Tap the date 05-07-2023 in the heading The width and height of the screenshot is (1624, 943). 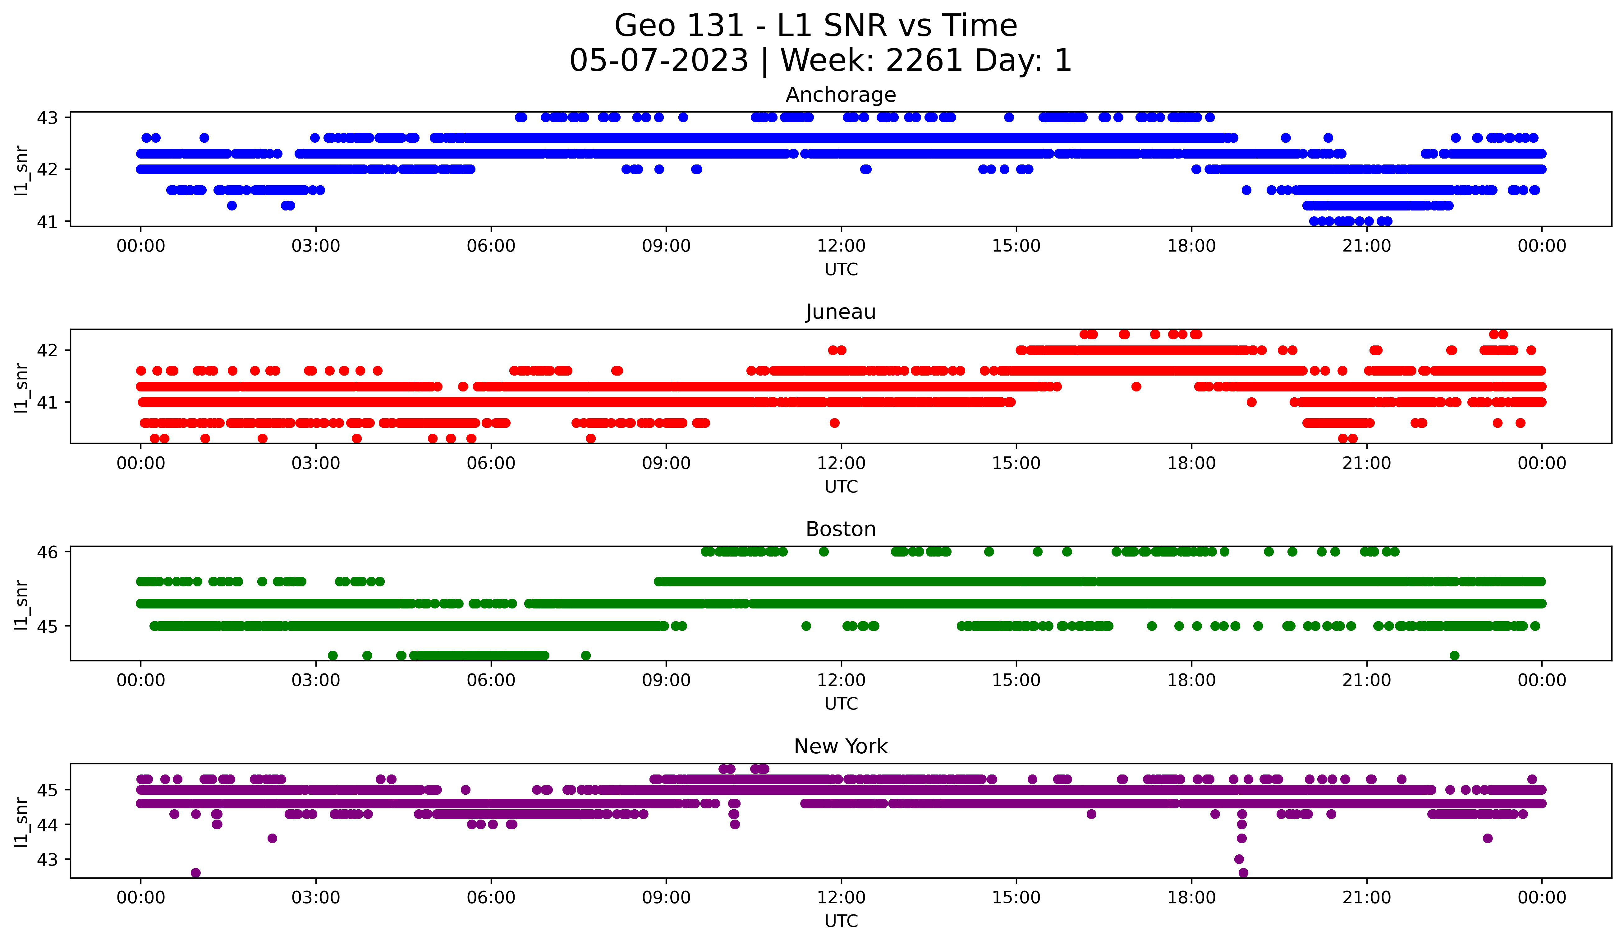pos(658,61)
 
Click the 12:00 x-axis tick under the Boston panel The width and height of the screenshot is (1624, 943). pos(841,680)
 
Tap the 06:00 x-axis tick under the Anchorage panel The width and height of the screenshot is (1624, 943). pos(491,246)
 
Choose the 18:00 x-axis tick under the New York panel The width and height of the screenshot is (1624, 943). pos(1191,897)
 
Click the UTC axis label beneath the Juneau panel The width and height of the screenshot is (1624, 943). pos(841,487)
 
